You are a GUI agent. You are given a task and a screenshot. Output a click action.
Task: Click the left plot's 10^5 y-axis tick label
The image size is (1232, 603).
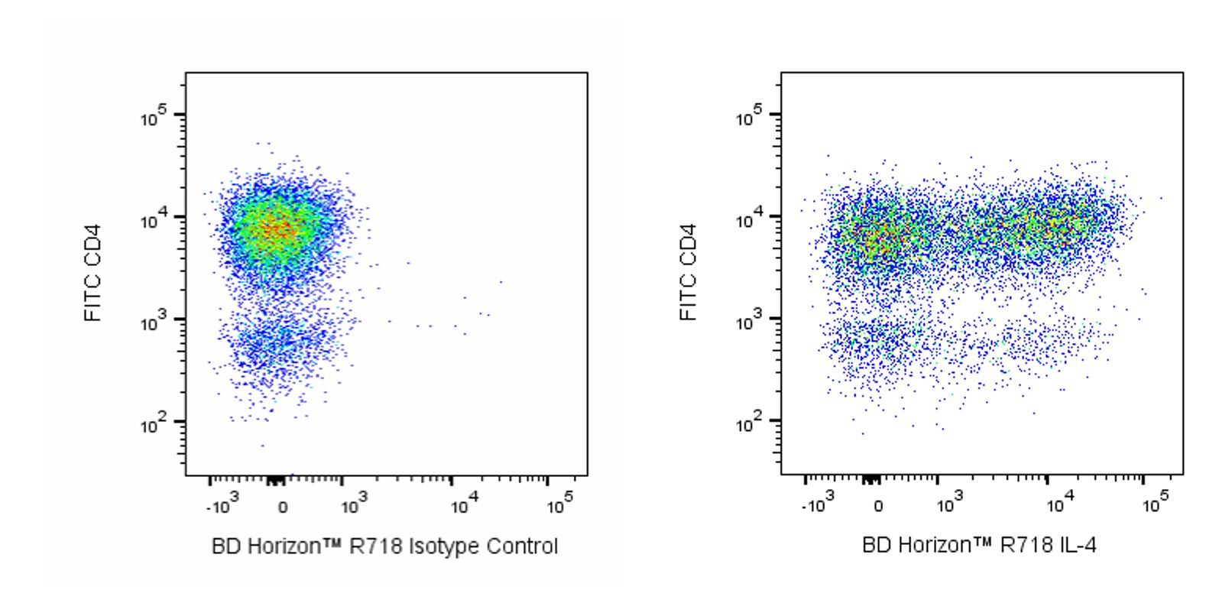coord(152,118)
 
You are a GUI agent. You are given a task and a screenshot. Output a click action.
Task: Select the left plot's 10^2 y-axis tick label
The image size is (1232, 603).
coord(152,424)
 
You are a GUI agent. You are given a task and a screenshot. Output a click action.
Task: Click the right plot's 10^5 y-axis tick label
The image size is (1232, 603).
coord(748,118)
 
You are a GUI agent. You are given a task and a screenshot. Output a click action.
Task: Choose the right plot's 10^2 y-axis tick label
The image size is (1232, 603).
coord(748,424)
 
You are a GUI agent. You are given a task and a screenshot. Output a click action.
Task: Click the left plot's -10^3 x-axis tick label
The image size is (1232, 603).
coord(220,505)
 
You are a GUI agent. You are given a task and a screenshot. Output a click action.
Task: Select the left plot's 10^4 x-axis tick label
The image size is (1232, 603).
coord(464,505)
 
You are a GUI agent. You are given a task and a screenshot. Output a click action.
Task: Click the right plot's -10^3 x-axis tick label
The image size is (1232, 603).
coord(815,505)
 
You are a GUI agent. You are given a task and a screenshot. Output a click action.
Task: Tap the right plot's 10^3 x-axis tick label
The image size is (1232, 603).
coord(949,505)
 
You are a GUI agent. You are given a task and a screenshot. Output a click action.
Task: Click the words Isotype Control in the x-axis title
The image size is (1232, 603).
coord(483,546)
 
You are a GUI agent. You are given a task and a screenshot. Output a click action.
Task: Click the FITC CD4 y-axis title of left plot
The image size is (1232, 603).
coord(93,272)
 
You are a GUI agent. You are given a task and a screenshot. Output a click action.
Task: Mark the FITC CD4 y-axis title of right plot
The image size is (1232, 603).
coord(689,272)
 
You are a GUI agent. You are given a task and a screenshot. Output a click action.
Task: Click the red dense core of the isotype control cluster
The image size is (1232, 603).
coord(277,228)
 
